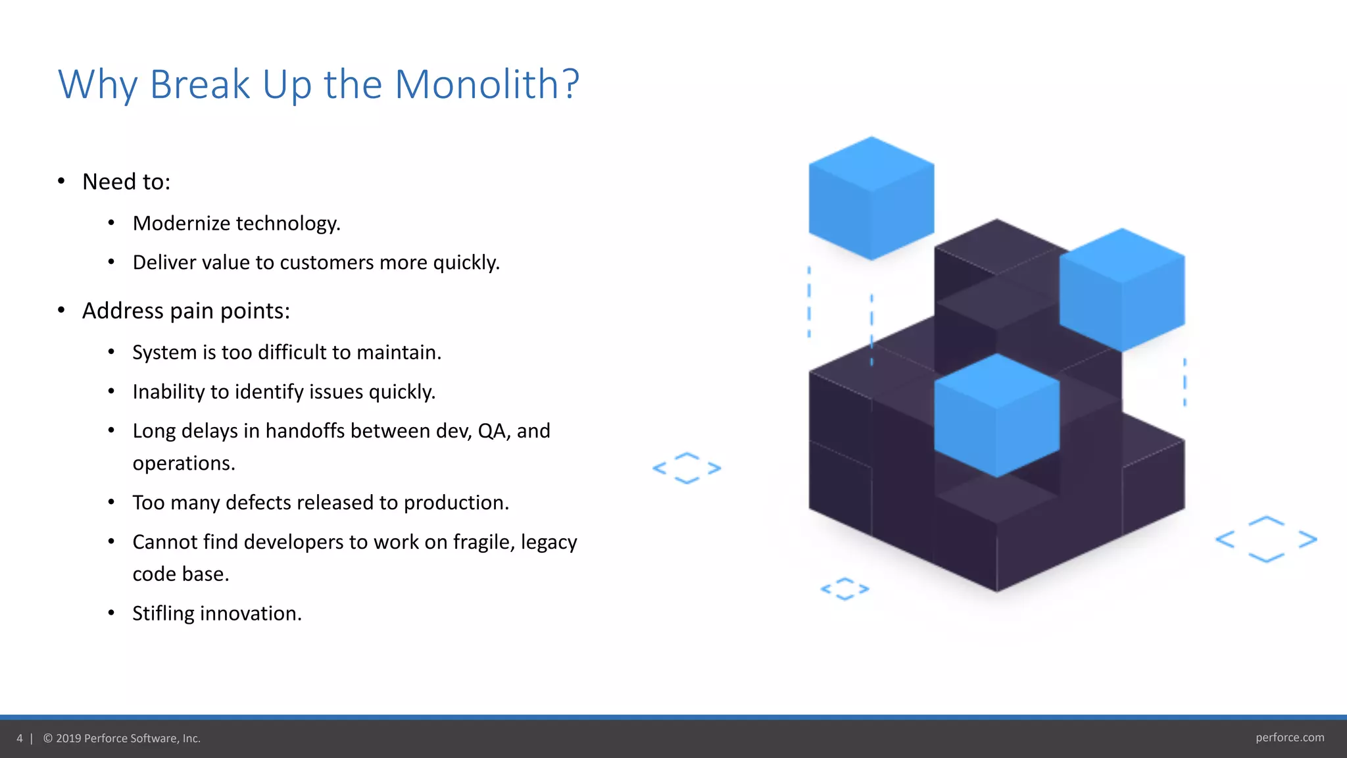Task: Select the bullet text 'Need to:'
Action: pyautogui.click(x=126, y=182)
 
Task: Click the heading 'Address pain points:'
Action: pyautogui.click(x=186, y=311)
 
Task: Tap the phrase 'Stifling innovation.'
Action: pyautogui.click(x=217, y=614)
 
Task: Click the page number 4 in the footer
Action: pyautogui.click(x=20, y=738)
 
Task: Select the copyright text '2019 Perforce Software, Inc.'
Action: pyautogui.click(x=128, y=738)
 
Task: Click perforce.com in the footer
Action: pyautogui.click(x=1289, y=738)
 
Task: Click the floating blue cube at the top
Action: pyautogui.click(x=871, y=197)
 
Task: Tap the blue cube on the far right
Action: pyautogui.click(x=1122, y=290)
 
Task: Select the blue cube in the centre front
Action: pyautogui.click(x=996, y=415)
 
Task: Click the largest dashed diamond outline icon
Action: pyautogui.click(x=1266, y=540)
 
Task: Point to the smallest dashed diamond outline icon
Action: pyautogui.click(x=845, y=589)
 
